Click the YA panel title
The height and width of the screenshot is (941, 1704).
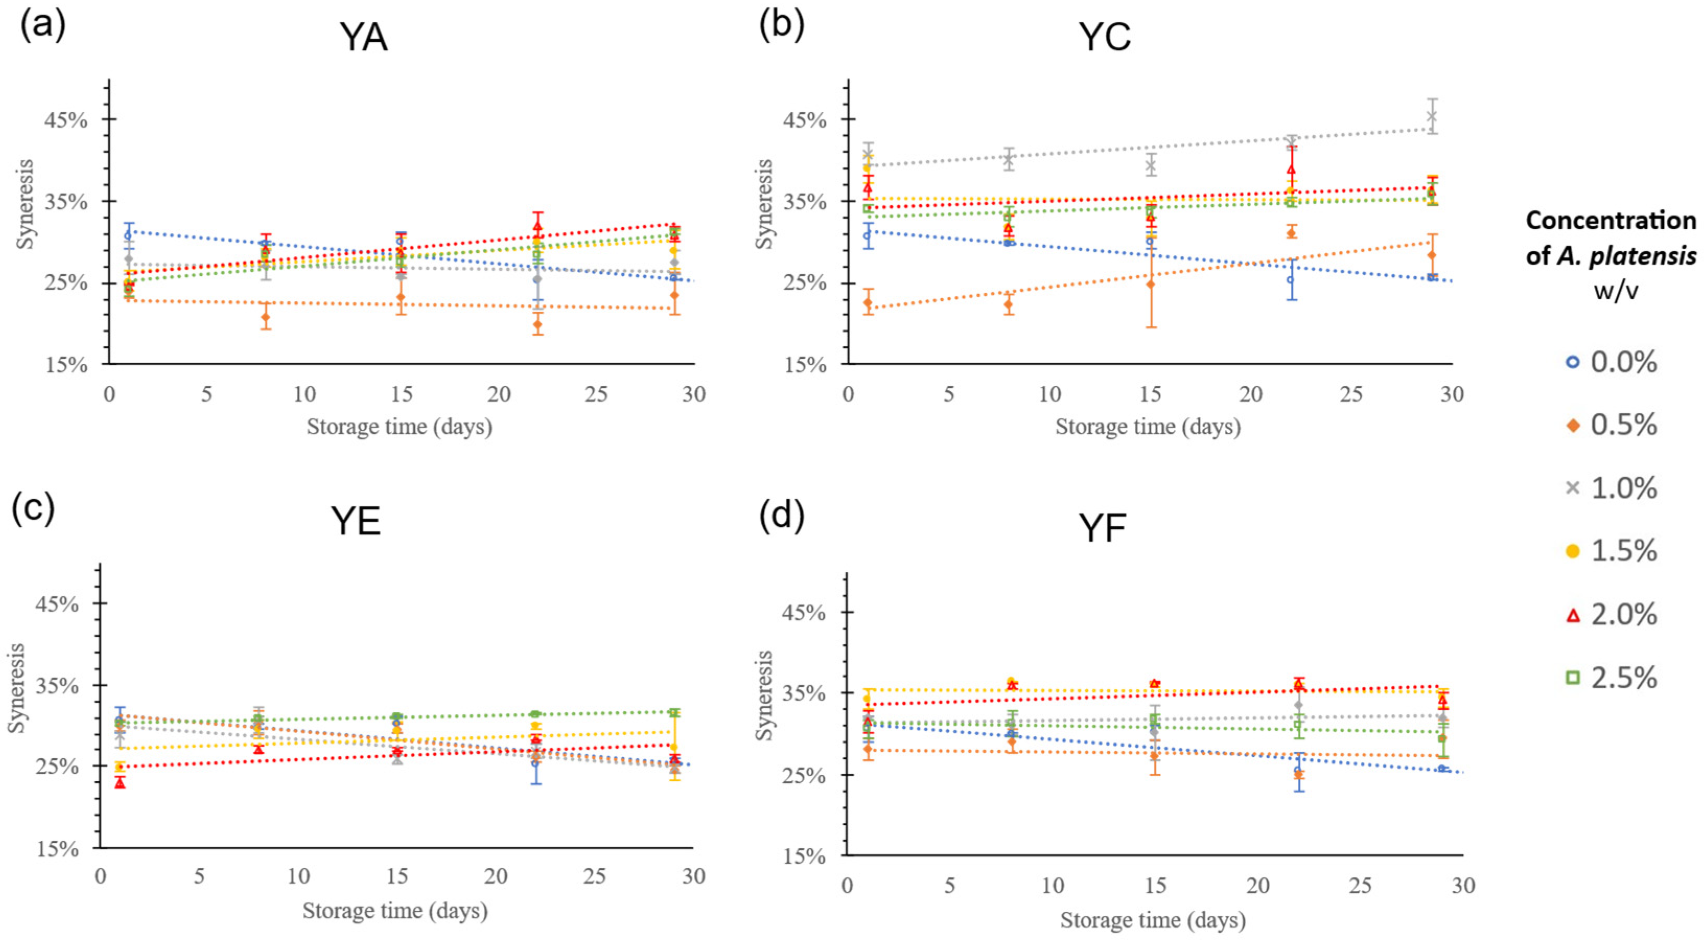point(363,38)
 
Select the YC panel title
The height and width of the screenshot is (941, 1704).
point(1105,37)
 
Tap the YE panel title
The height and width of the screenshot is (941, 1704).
point(356,522)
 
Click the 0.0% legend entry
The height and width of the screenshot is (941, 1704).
point(1614,362)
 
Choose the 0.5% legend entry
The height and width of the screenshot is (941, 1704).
point(1614,425)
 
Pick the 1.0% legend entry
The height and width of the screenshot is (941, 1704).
point(1614,489)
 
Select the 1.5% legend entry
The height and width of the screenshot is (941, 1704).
point(1614,551)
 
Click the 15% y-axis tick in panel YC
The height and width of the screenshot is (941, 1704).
point(805,365)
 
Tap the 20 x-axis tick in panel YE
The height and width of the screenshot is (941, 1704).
point(496,876)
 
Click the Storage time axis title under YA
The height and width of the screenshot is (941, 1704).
point(399,427)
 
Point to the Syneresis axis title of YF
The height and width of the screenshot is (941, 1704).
point(764,696)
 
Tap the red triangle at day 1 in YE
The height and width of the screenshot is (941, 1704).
point(120,783)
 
